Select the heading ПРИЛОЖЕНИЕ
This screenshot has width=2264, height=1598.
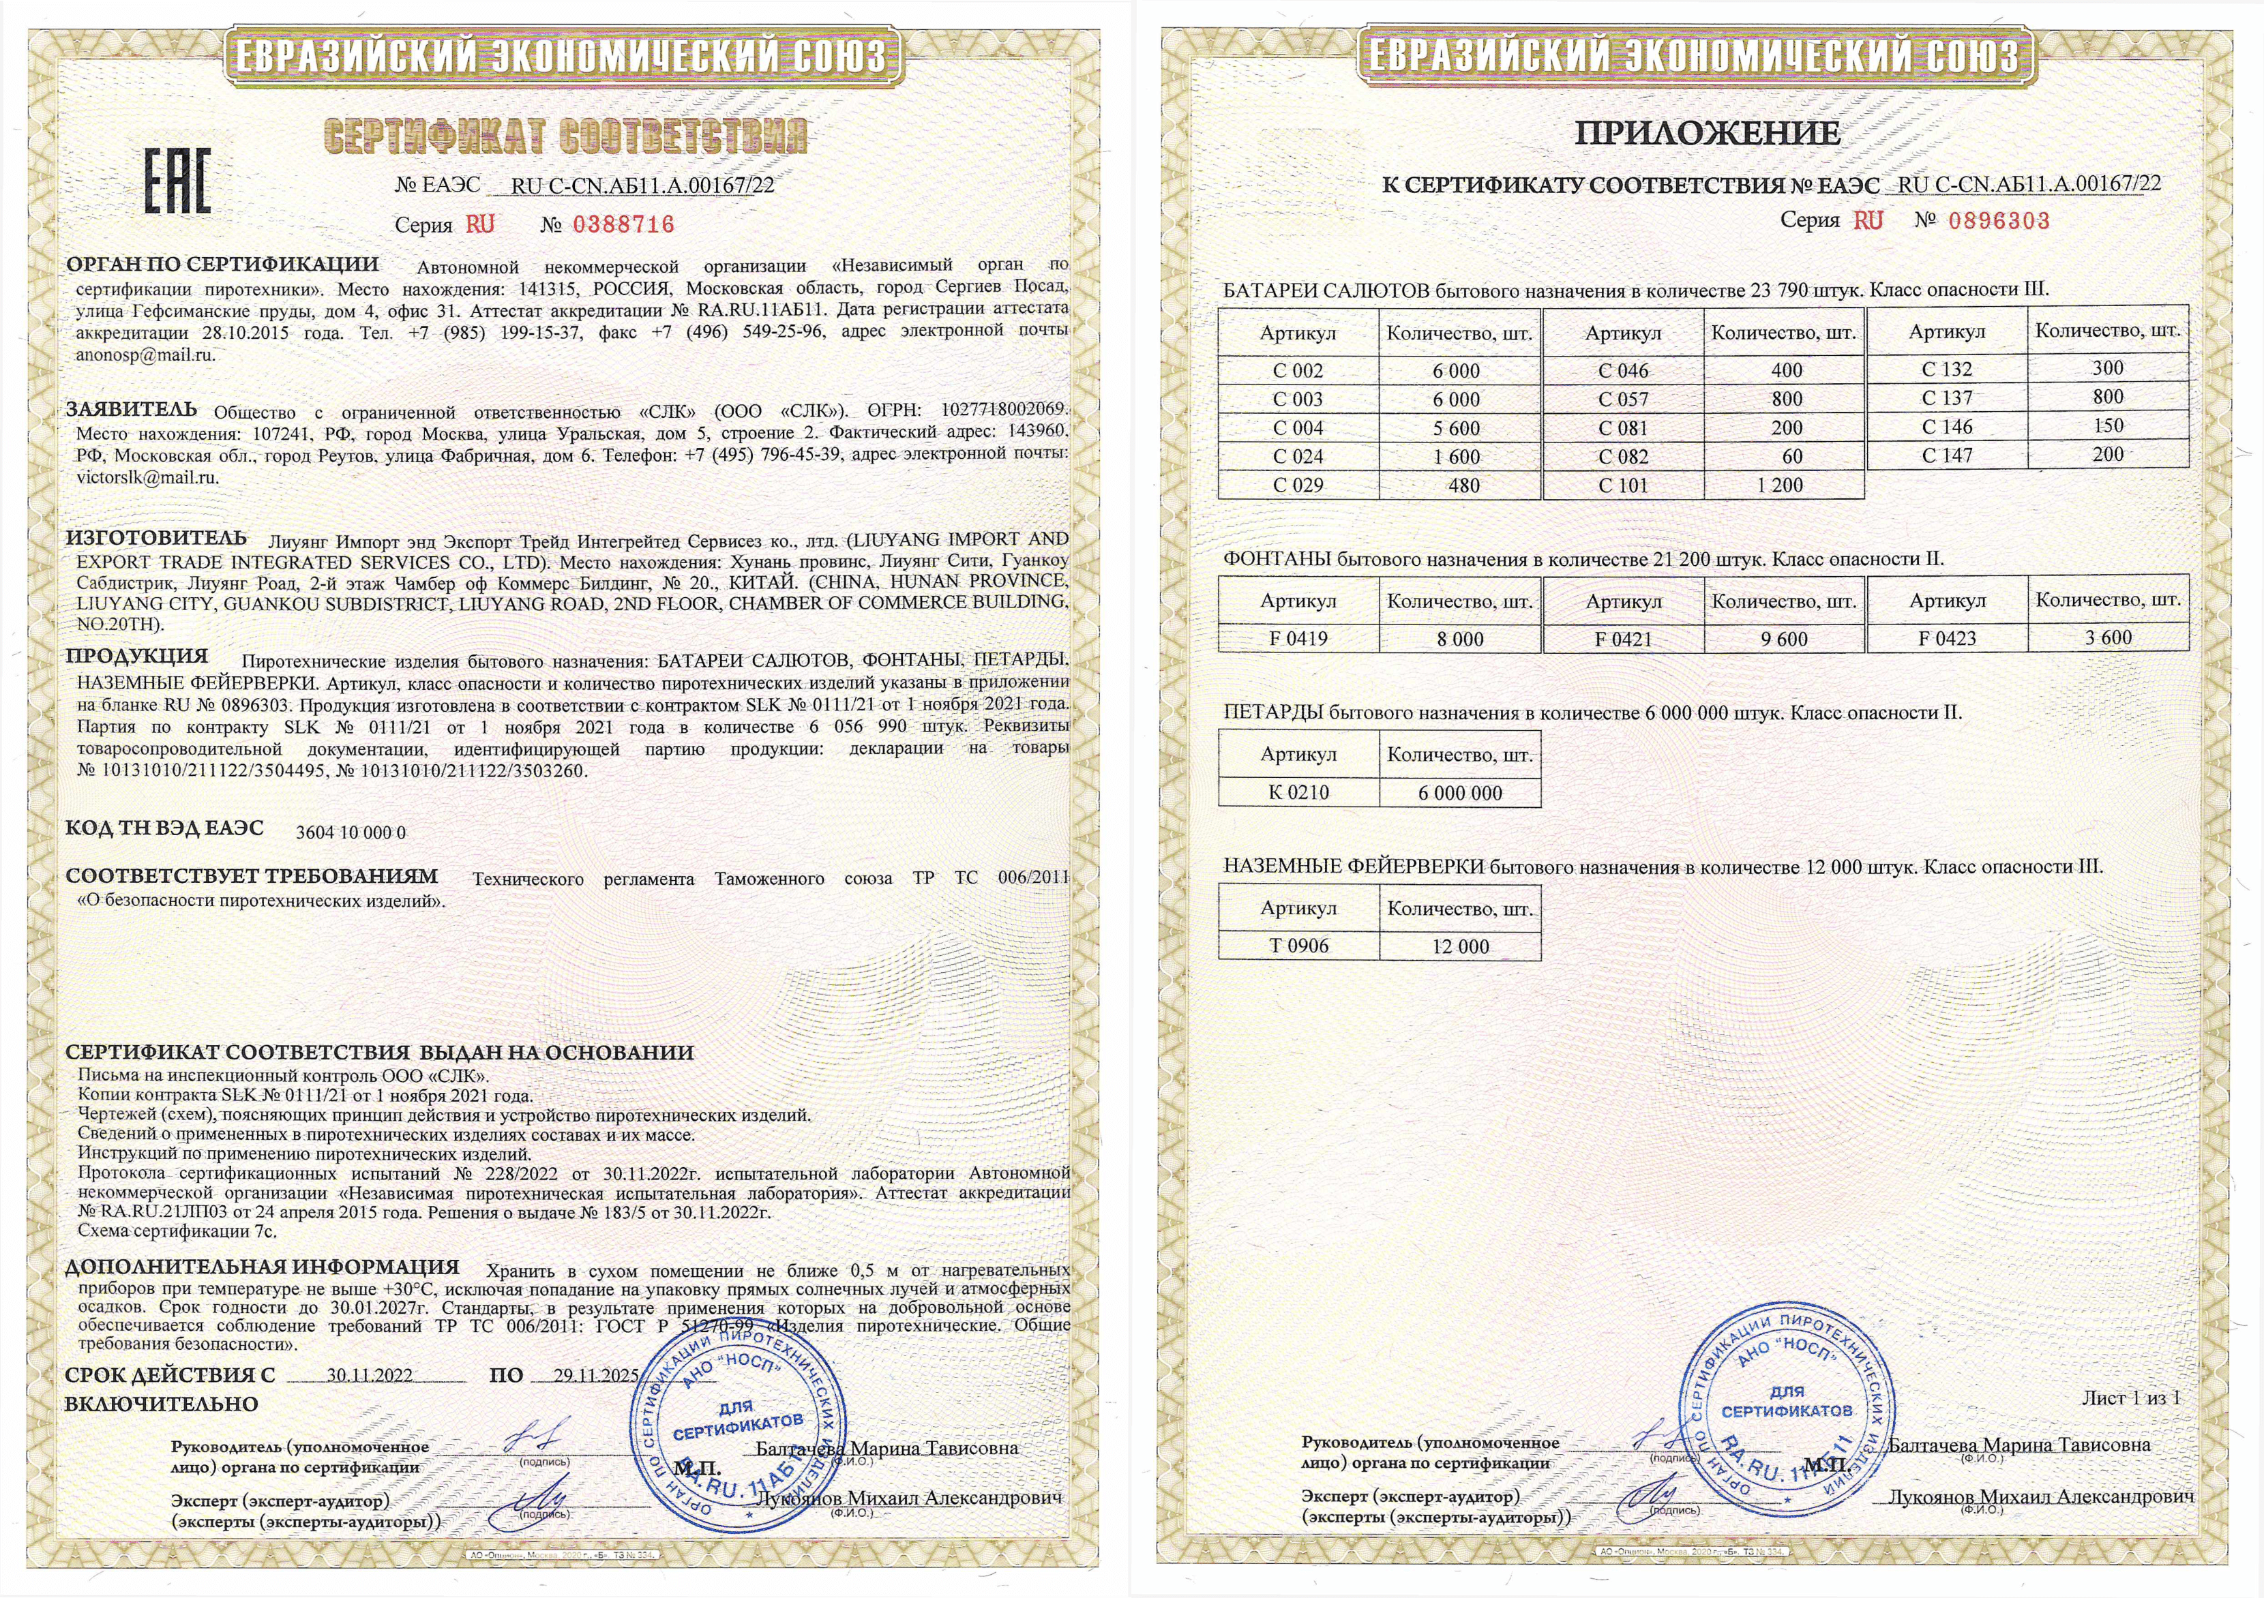[1707, 133]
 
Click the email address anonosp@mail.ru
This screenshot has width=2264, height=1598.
[145, 355]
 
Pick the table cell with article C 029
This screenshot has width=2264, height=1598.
[1298, 485]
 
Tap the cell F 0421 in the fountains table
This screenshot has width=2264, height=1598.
[1622, 639]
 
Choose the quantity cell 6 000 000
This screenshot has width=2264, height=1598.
[1461, 793]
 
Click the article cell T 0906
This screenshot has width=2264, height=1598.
[1298, 946]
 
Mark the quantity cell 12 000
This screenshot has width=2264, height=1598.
[1461, 946]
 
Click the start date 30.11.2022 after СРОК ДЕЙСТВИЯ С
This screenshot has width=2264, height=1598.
[370, 1375]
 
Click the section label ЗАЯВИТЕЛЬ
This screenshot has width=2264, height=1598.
[131, 409]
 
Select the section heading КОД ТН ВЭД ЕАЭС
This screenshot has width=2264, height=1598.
[164, 828]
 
